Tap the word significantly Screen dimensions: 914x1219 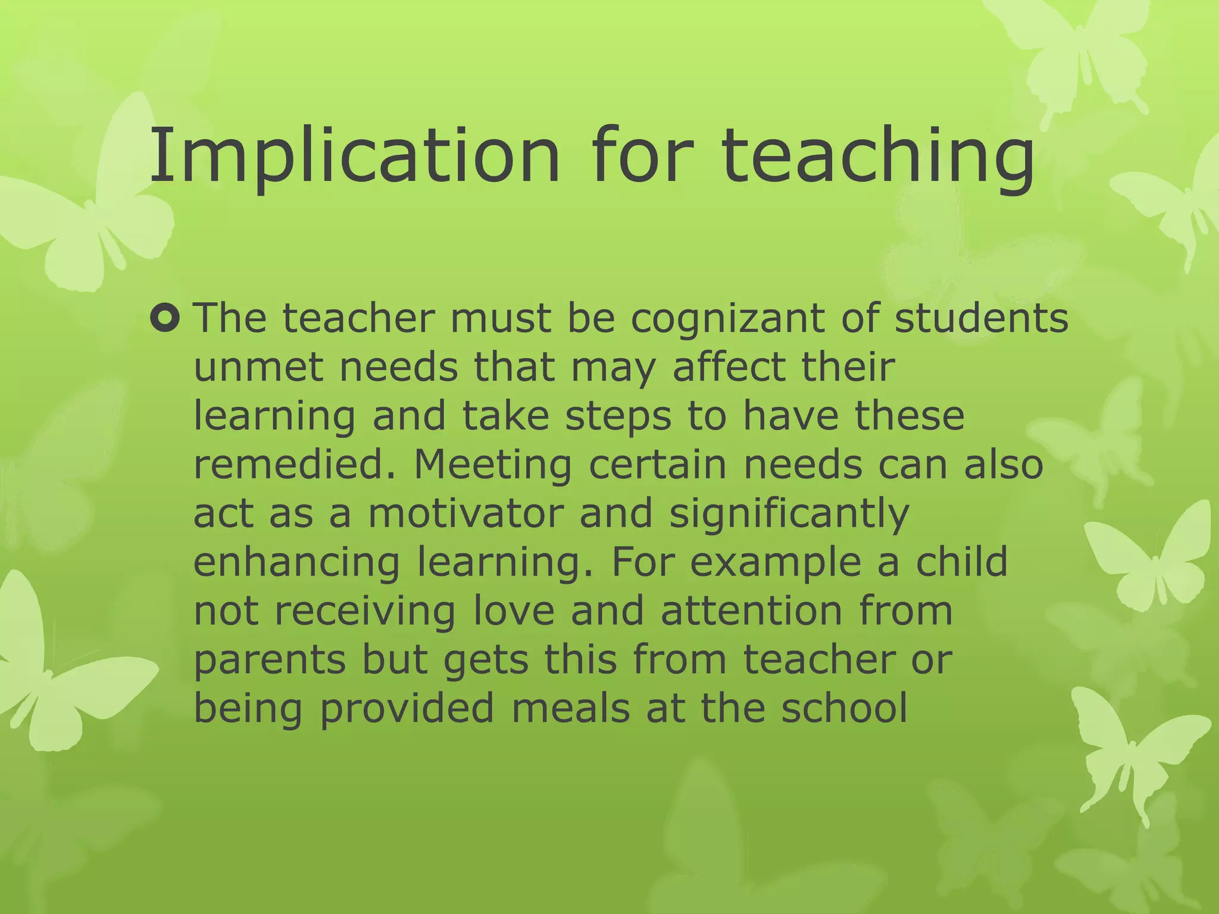(789, 514)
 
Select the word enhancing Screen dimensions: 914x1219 (296, 563)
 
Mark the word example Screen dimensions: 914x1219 (775, 563)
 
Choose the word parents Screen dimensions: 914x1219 (270, 661)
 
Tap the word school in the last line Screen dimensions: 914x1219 (845, 708)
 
